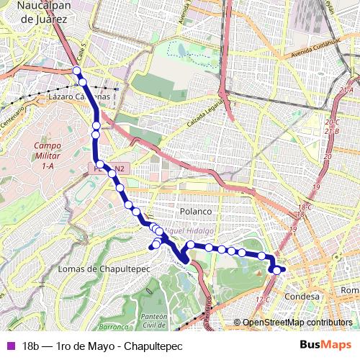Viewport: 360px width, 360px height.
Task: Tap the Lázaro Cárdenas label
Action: pos(79,96)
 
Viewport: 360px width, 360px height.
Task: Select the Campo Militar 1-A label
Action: pos(48,156)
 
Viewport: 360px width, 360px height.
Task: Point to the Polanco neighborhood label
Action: pos(195,212)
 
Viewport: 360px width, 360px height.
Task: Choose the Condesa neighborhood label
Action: pos(302,296)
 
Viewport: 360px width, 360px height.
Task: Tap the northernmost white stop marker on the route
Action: pos(76,71)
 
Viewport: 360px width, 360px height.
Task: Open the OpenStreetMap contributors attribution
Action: pos(297,323)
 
